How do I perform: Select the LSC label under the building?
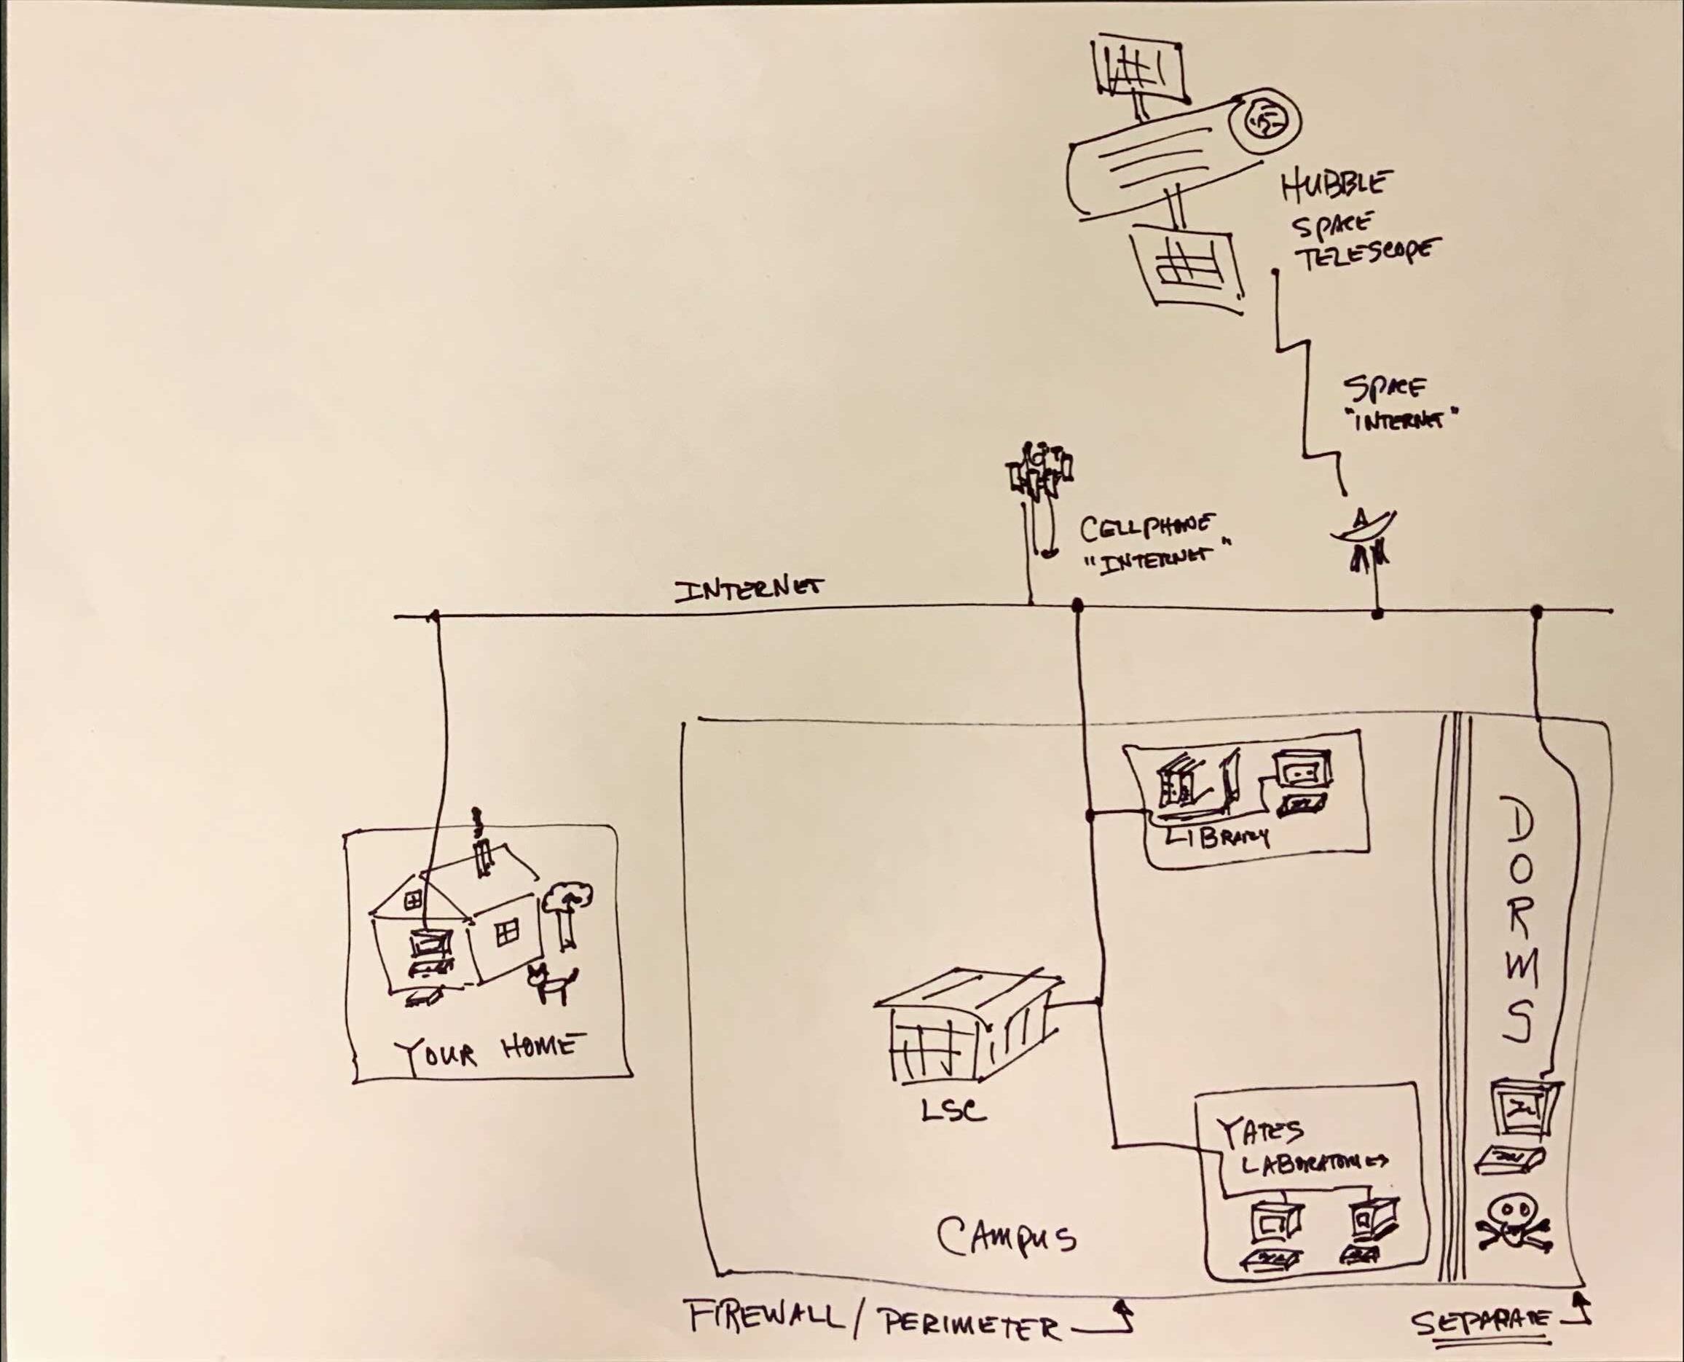[952, 1109]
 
